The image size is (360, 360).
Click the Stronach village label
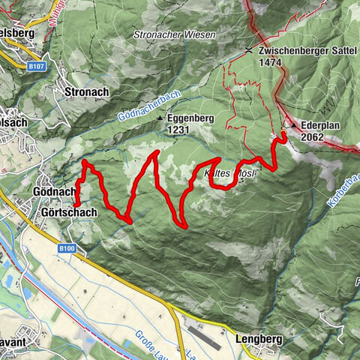pos(87,91)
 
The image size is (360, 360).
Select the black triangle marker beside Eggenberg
pos(160,118)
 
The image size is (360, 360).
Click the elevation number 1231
pos(178,130)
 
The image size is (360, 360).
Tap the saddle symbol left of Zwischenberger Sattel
pos(249,50)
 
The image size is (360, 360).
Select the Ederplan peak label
pos(322,126)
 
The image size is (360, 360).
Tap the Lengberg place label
pos(258,339)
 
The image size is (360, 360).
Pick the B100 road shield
pos(67,247)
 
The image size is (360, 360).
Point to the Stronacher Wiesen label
pos(174,35)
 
